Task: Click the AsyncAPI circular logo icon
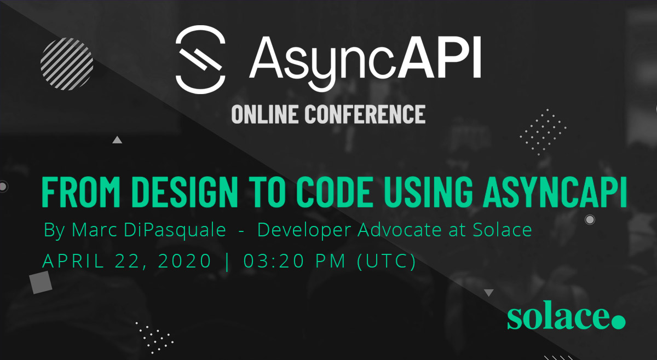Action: (x=200, y=60)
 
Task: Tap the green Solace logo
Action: (x=566, y=318)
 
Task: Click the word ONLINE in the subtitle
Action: (x=264, y=114)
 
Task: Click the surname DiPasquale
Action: (x=175, y=230)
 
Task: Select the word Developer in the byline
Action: (x=304, y=230)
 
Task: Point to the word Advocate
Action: (x=400, y=230)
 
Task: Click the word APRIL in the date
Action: (x=73, y=260)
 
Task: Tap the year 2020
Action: (x=185, y=260)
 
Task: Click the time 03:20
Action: (x=274, y=260)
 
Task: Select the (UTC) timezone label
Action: (x=387, y=261)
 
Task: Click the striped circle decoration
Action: (x=67, y=64)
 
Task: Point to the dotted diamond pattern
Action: (x=543, y=132)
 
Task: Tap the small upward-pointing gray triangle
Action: (x=117, y=140)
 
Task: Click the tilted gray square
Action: (x=41, y=282)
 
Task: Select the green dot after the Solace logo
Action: (x=619, y=322)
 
